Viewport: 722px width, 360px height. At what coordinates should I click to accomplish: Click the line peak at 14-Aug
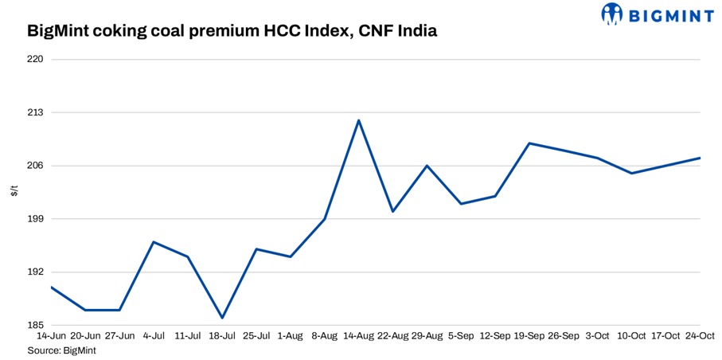[359, 120]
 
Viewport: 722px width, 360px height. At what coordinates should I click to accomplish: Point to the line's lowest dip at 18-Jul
[222, 318]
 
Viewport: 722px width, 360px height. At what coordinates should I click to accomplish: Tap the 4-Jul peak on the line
[154, 241]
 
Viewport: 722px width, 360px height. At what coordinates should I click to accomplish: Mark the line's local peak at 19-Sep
[529, 143]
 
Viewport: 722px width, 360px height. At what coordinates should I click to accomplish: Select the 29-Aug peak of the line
[427, 166]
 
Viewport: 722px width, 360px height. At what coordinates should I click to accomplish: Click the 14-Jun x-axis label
[51, 337]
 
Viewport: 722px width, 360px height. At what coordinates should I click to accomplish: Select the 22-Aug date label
[392, 337]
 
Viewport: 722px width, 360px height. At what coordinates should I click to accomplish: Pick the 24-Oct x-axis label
[700, 337]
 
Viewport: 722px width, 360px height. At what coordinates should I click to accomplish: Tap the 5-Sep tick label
[461, 337]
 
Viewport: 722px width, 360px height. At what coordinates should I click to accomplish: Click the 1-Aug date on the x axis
[291, 337]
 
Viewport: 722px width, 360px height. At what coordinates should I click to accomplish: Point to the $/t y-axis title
[14, 192]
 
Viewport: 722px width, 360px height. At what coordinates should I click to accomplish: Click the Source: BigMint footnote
[61, 350]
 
